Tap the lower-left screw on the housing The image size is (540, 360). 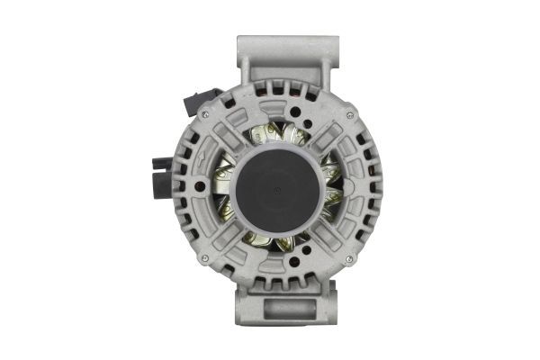[206, 259]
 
